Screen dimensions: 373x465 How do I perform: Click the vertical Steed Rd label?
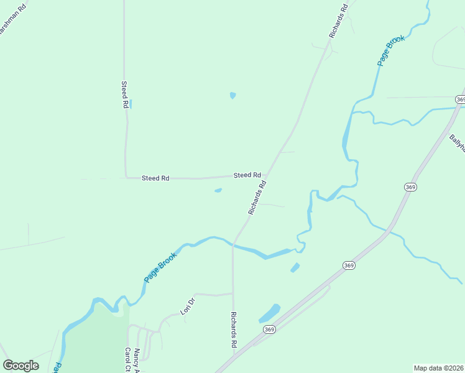124,94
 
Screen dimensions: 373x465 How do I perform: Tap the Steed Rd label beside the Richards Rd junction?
247,175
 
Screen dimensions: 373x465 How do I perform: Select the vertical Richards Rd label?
234,329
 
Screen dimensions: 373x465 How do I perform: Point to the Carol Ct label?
127,359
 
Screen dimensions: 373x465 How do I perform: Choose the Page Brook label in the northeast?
391,50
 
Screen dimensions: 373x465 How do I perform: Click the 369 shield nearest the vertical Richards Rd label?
269,329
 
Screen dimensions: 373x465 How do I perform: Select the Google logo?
21,365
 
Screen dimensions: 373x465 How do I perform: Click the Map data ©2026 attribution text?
438,368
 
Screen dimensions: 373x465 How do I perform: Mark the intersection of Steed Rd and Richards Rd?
266,176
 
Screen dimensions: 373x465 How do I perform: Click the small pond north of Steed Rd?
233,96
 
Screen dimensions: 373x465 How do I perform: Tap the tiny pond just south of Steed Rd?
218,190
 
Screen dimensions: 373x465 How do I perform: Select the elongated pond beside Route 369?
269,313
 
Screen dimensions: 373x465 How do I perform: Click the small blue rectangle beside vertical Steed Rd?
131,104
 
